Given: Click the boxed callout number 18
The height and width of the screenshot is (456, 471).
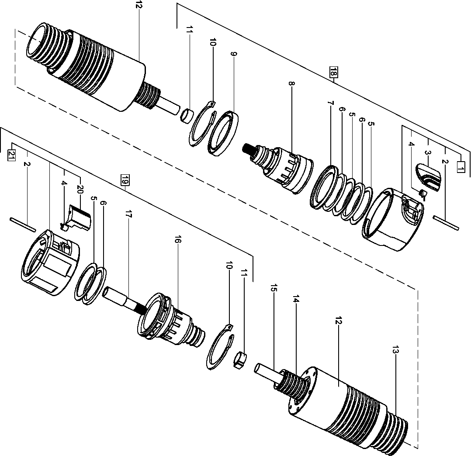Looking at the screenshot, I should tap(333, 73).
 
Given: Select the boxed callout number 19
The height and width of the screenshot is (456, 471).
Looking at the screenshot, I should tap(125, 179).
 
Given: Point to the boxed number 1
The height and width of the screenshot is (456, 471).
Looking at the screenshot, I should tap(460, 166).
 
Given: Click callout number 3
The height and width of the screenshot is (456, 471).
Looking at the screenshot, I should tap(427, 153).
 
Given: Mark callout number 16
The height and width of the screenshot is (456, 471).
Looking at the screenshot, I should tap(178, 240).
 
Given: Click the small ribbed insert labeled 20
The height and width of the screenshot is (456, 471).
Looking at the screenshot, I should tap(80, 217).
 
